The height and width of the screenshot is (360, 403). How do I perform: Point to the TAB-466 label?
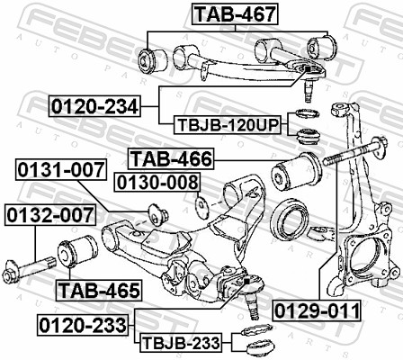point(170,160)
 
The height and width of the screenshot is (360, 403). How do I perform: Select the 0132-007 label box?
point(43,216)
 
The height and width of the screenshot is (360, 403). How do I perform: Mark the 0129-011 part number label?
point(317,311)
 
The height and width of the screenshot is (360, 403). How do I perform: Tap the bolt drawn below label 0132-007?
point(35,267)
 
